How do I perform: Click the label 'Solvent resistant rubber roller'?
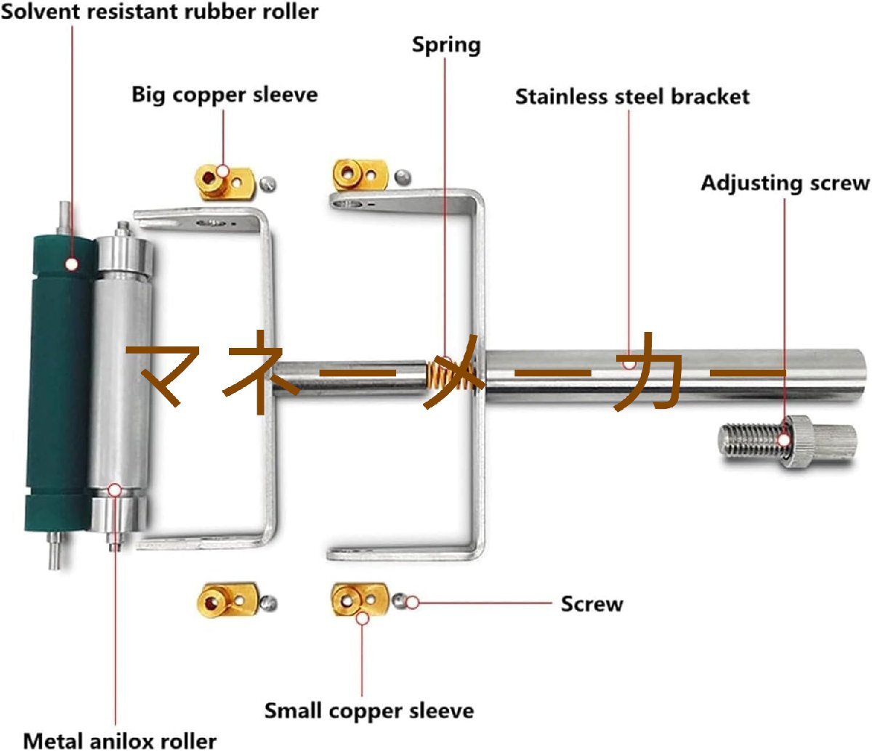pos(159,12)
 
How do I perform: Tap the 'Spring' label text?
pos(446,45)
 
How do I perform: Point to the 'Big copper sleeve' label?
pos(225,95)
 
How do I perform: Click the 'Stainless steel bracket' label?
pos(632,97)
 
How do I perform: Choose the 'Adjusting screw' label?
pos(785,183)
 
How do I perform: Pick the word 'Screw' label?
pos(592,604)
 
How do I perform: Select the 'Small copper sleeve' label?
pos(368,710)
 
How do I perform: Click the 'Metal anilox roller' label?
pos(120,740)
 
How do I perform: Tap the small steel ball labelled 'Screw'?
pos(399,601)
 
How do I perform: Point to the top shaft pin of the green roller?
pos(64,218)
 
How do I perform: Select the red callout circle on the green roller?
pos(71,263)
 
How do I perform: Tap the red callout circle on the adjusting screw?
pos(784,439)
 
